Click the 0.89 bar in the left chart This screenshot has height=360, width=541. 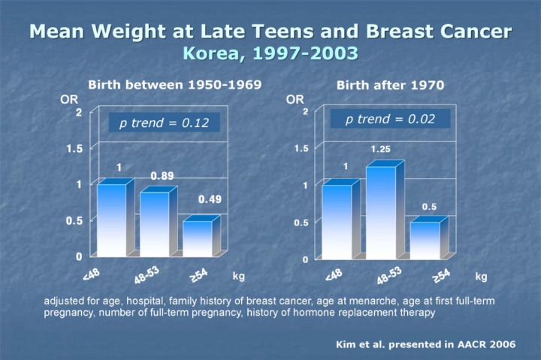155,223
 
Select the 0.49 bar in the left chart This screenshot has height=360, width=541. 198,237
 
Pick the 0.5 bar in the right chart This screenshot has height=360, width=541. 425,240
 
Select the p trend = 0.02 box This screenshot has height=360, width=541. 390,119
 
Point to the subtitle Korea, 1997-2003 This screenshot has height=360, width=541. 270,54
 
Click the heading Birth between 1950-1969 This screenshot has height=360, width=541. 175,84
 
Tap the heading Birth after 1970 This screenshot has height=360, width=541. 391,84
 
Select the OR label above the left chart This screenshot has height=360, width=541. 68,98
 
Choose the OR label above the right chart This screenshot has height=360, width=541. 295,98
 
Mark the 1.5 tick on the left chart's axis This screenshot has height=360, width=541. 74,148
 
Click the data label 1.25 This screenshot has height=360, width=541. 380,150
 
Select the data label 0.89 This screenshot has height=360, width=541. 162,176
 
